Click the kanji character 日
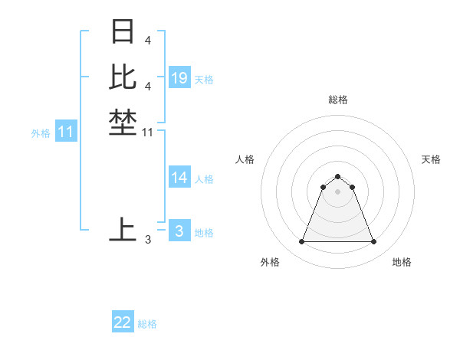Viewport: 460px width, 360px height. [123, 31]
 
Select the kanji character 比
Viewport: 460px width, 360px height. [123, 77]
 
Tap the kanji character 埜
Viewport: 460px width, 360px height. [123, 123]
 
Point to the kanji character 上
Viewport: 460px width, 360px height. [123, 230]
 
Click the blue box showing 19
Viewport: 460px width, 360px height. [179, 78]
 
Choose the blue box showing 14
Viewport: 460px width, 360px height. [179, 178]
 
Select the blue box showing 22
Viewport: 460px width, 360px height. [123, 322]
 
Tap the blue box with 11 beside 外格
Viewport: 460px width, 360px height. [66, 133]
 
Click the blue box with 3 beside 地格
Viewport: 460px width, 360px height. [179, 231]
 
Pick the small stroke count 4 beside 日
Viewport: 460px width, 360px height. [147, 40]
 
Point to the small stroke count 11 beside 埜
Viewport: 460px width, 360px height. [148, 133]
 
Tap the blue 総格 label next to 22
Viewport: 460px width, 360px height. [147, 324]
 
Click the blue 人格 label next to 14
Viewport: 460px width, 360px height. [204, 179]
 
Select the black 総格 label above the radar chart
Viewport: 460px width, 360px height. [337, 100]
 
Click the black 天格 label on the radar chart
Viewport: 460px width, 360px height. [431, 159]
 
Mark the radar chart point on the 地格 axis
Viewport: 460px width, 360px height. [373, 242]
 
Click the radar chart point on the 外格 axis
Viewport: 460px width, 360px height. [301, 242]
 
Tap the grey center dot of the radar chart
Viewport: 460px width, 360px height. [337, 191]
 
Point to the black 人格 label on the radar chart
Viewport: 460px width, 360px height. [245, 159]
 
